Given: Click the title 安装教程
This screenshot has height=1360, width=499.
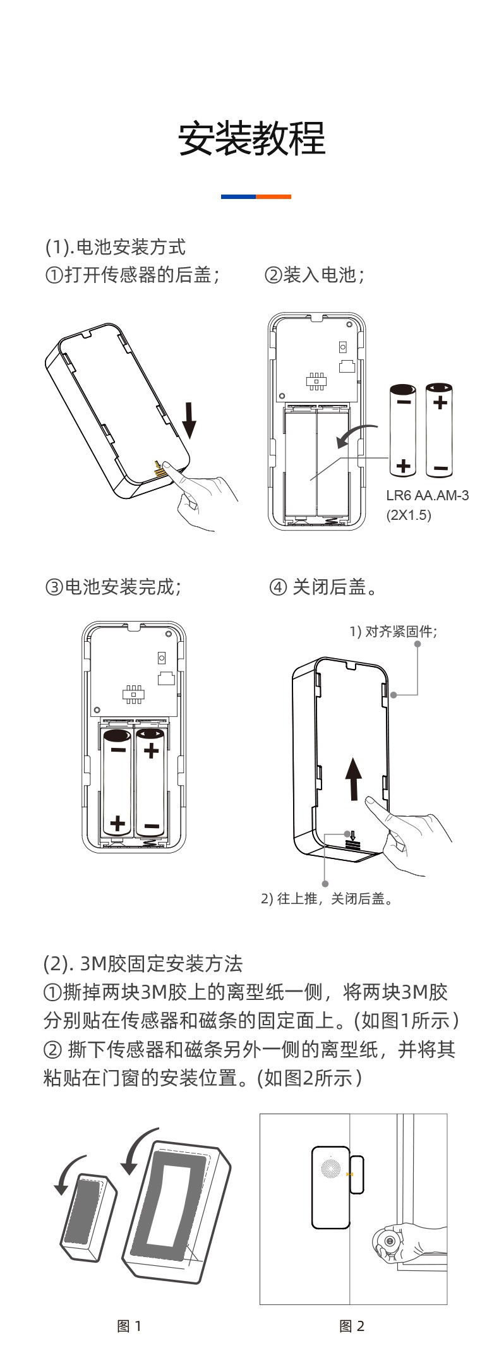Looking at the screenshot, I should [251, 138].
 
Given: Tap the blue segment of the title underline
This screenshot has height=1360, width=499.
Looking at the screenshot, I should [238, 196].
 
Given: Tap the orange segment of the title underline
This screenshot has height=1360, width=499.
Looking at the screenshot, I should [274, 196].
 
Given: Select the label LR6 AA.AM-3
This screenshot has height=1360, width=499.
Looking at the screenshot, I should [427, 495].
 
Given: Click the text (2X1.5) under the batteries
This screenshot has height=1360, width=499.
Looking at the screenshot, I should [409, 515].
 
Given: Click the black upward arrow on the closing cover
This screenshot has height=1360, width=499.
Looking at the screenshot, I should [354, 778].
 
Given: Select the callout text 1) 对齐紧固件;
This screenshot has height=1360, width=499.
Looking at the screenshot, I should [393, 631].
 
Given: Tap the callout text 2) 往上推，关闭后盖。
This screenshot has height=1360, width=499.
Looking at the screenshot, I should [328, 898].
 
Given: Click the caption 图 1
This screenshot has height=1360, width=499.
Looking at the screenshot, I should [129, 1326].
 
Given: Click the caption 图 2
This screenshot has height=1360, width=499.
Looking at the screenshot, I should [352, 1326].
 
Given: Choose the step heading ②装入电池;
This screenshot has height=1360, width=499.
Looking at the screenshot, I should [314, 275].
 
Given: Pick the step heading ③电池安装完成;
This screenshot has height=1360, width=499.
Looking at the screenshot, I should [113, 587].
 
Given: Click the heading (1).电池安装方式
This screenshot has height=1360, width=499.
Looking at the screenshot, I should [116, 247].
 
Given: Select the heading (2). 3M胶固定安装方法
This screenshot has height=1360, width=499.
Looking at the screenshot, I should [143, 964].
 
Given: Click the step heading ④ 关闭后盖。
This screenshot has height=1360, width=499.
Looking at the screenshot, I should [324, 587].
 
